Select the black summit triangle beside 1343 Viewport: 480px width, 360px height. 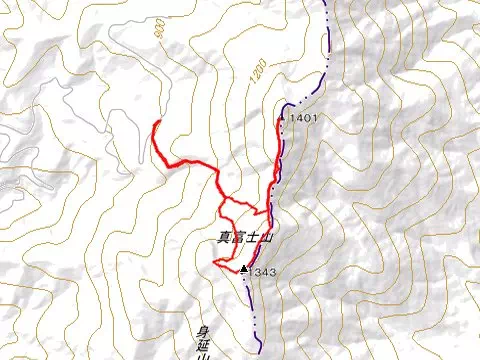pyautogui.click(x=243, y=268)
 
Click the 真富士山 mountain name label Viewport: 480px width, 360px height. pyautogui.click(x=238, y=239)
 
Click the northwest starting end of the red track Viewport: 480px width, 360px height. pyautogui.click(x=157, y=121)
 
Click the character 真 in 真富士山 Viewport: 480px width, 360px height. pyautogui.click(x=222, y=239)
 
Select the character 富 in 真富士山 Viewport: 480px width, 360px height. pyautogui.click(x=233, y=239)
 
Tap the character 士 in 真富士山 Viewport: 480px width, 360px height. pyautogui.click(x=244, y=239)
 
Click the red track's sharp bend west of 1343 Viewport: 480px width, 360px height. pyautogui.click(x=214, y=262)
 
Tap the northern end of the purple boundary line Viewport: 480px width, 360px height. pyautogui.click(x=327, y=3)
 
